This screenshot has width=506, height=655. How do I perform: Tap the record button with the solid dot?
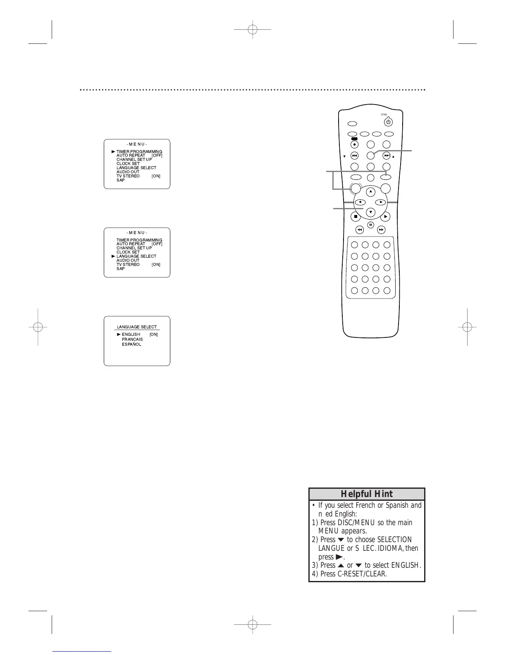click(354, 145)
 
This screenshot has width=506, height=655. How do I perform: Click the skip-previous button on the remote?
click(354, 156)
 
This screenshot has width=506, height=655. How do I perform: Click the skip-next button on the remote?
click(386, 156)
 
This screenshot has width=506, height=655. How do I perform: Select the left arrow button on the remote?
click(360, 202)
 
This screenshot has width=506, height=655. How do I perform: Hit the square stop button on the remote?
click(355, 217)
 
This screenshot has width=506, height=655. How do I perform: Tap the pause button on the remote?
click(370, 225)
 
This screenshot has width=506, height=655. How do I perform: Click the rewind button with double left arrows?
click(360, 229)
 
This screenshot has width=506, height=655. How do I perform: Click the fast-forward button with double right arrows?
click(381, 229)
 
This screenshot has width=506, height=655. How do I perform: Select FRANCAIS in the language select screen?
click(132, 339)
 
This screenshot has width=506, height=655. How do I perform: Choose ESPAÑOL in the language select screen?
click(131, 344)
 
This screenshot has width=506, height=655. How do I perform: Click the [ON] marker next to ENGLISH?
click(154, 335)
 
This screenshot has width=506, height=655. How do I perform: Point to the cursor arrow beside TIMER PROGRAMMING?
click(113, 152)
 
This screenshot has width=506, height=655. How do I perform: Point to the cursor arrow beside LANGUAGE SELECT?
click(113, 256)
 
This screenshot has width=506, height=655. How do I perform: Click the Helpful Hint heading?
click(367, 494)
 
